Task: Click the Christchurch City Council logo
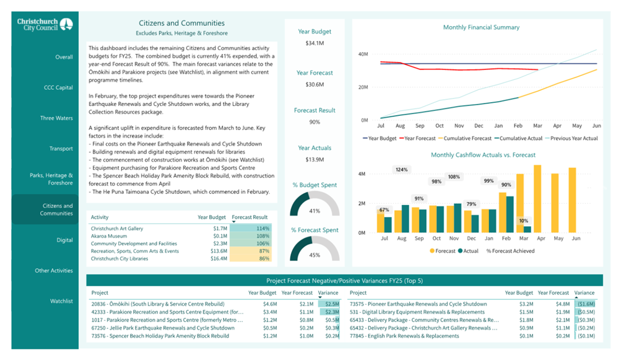pyautogui.click(x=45, y=24)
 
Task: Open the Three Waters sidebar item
pyautogui.click(x=56, y=118)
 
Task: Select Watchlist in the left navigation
pyautogui.click(x=61, y=301)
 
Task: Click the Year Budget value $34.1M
pyautogui.click(x=315, y=43)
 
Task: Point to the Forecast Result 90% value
pyautogui.click(x=315, y=121)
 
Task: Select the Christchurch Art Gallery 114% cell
pyautogui.click(x=250, y=229)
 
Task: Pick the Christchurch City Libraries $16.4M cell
pyautogui.click(x=219, y=258)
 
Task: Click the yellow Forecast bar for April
pyautogui.click(x=537, y=199)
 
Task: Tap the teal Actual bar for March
pyautogui.click(x=527, y=229)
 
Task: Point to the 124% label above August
pyautogui.click(x=401, y=169)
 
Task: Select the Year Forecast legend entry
pyautogui.click(x=417, y=138)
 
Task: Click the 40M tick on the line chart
pyautogui.click(x=363, y=54)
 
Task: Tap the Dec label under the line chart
pyautogui.click(x=479, y=126)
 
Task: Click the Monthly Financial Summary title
pyautogui.click(x=481, y=27)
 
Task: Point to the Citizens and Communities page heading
pyautogui.click(x=181, y=23)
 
